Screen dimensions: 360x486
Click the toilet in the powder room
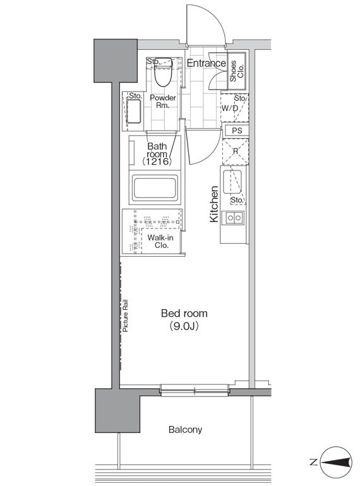164,72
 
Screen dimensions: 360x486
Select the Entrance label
206,63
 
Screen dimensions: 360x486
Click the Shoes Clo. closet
237,71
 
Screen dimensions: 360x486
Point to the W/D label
229,108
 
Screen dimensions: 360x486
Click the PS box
237,131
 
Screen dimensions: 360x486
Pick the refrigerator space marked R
236,151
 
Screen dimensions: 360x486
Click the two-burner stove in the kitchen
234,218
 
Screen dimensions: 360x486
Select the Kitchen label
214,204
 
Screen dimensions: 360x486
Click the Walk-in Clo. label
160,242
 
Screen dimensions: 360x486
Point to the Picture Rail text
125,316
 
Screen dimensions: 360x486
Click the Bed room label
184,313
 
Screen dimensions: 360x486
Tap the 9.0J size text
184,326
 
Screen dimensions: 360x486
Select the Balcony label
186,430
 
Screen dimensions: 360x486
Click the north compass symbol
336,463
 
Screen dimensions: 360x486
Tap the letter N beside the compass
313,463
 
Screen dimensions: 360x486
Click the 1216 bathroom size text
157,161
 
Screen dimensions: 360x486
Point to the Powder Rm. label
163,102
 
